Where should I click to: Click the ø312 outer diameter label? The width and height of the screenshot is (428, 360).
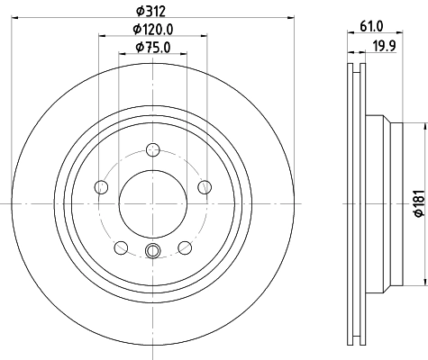152,10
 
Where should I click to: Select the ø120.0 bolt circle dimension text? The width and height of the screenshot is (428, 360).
152,30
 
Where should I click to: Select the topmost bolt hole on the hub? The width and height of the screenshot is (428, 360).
152,149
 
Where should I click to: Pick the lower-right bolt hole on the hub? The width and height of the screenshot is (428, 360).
184,247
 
